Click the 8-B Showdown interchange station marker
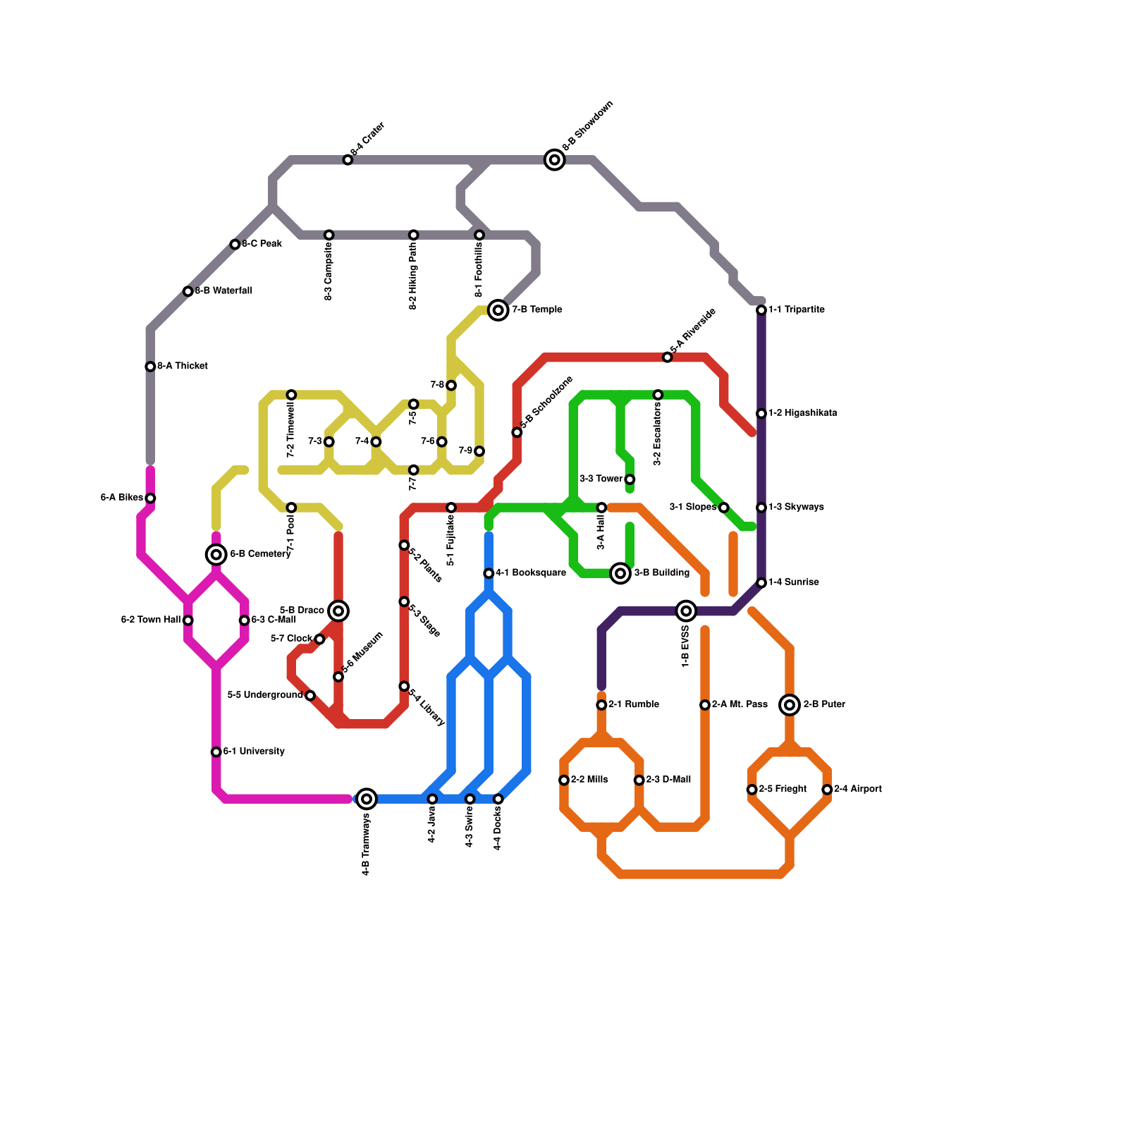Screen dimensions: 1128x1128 click(x=555, y=160)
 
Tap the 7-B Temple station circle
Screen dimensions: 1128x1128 click(x=498, y=310)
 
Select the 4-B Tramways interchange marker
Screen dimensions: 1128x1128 click(x=367, y=799)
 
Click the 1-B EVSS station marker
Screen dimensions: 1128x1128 click(x=686, y=611)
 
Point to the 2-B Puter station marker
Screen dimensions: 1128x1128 click(x=790, y=704)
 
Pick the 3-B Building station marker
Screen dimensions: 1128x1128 click(x=620, y=573)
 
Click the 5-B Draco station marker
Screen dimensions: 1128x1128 click(x=338, y=611)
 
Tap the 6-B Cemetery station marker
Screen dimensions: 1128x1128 click(x=216, y=555)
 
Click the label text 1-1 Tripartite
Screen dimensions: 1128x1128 click(x=796, y=309)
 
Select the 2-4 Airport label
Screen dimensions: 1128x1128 click(x=857, y=789)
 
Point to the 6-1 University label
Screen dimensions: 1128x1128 click(x=254, y=752)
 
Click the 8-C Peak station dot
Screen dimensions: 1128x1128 click(x=235, y=245)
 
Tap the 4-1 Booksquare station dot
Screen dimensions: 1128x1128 click(x=489, y=573)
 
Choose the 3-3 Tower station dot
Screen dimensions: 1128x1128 click(x=630, y=479)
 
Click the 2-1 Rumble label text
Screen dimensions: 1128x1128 click(x=633, y=704)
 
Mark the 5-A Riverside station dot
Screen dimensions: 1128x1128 click(x=668, y=357)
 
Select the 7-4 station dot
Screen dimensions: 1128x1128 click(x=376, y=442)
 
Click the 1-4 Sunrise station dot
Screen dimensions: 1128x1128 click(x=761, y=583)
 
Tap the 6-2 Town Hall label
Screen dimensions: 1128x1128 click(x=151, y=620)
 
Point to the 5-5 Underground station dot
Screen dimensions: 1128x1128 click(x=310, y=696)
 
